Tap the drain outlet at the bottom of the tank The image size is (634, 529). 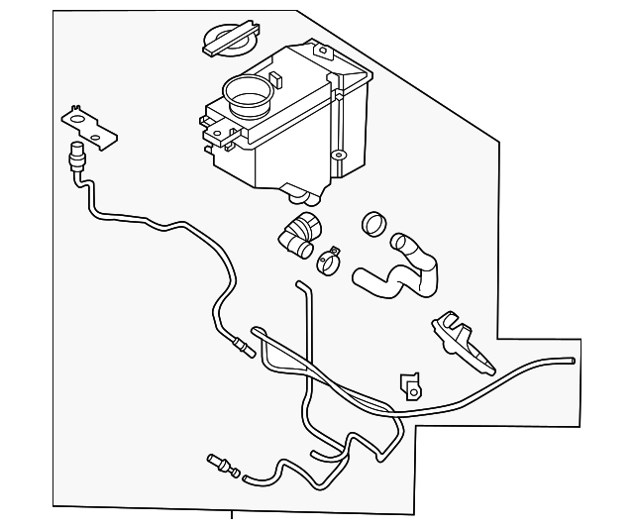[294, 190]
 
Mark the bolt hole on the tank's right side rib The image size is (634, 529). [339, 156]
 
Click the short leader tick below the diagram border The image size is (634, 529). [231, 514]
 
